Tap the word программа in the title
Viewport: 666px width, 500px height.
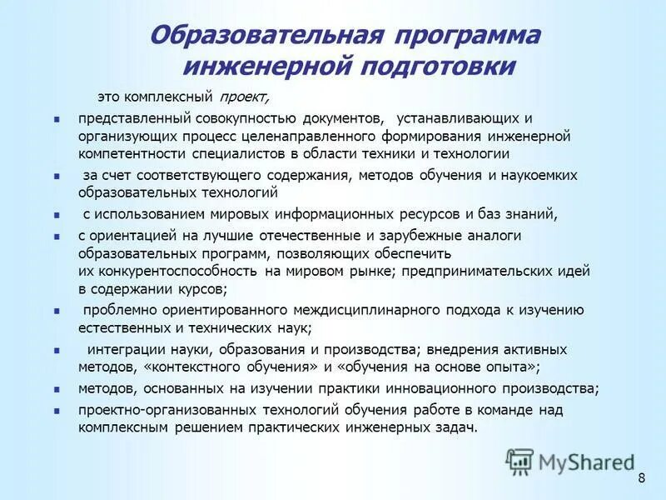469,36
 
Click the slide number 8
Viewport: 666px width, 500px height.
641,477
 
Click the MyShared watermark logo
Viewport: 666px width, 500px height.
570,461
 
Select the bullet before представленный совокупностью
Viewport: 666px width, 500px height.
57,118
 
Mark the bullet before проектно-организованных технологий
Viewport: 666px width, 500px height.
57,410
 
